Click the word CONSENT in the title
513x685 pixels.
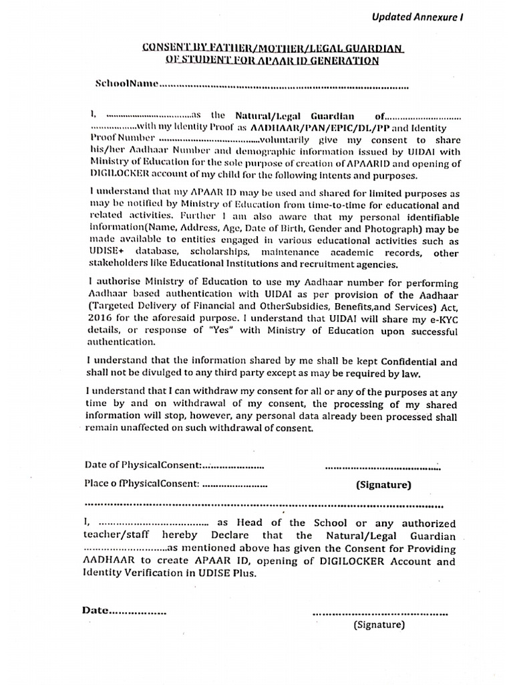click(x=166, y=49)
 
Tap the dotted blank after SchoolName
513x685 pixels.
click(x=283, y=86)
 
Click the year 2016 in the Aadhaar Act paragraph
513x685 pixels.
click(x=100, y=320)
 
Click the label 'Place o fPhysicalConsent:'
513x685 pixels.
click(x=142, y=484)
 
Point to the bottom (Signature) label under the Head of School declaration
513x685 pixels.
click(x=379, y=625)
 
